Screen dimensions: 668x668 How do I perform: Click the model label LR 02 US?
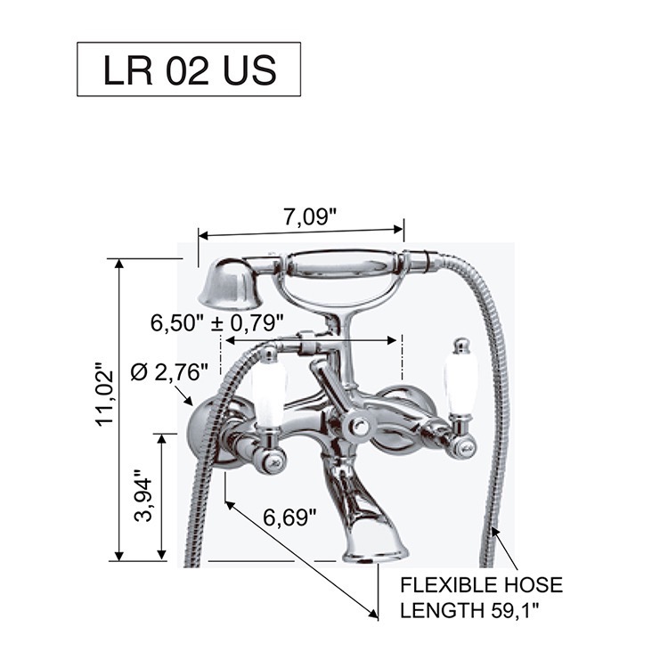[190, 69]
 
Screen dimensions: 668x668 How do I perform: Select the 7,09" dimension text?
[310, 217]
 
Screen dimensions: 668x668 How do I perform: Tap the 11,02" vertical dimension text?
[105, 395]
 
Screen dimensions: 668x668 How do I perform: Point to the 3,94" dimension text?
[143, 495]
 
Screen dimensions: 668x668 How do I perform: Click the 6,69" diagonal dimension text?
[289, 517]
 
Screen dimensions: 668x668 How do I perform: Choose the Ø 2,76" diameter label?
[169, 373]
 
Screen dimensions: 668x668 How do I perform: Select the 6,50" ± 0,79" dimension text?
[217, 323]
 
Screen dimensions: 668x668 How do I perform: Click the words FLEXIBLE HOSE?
[481, 585]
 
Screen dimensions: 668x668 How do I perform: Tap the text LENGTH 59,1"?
[470, 611]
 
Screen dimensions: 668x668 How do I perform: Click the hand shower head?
[229, 283]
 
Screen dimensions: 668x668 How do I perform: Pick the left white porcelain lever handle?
[268, 396]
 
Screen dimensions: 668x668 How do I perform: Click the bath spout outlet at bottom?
[374, 554]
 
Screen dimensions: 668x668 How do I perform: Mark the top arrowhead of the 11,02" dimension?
[119, 265]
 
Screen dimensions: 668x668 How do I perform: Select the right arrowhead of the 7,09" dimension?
[398, 229]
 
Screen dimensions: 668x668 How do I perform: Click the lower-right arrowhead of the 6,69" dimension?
[373, 613]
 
